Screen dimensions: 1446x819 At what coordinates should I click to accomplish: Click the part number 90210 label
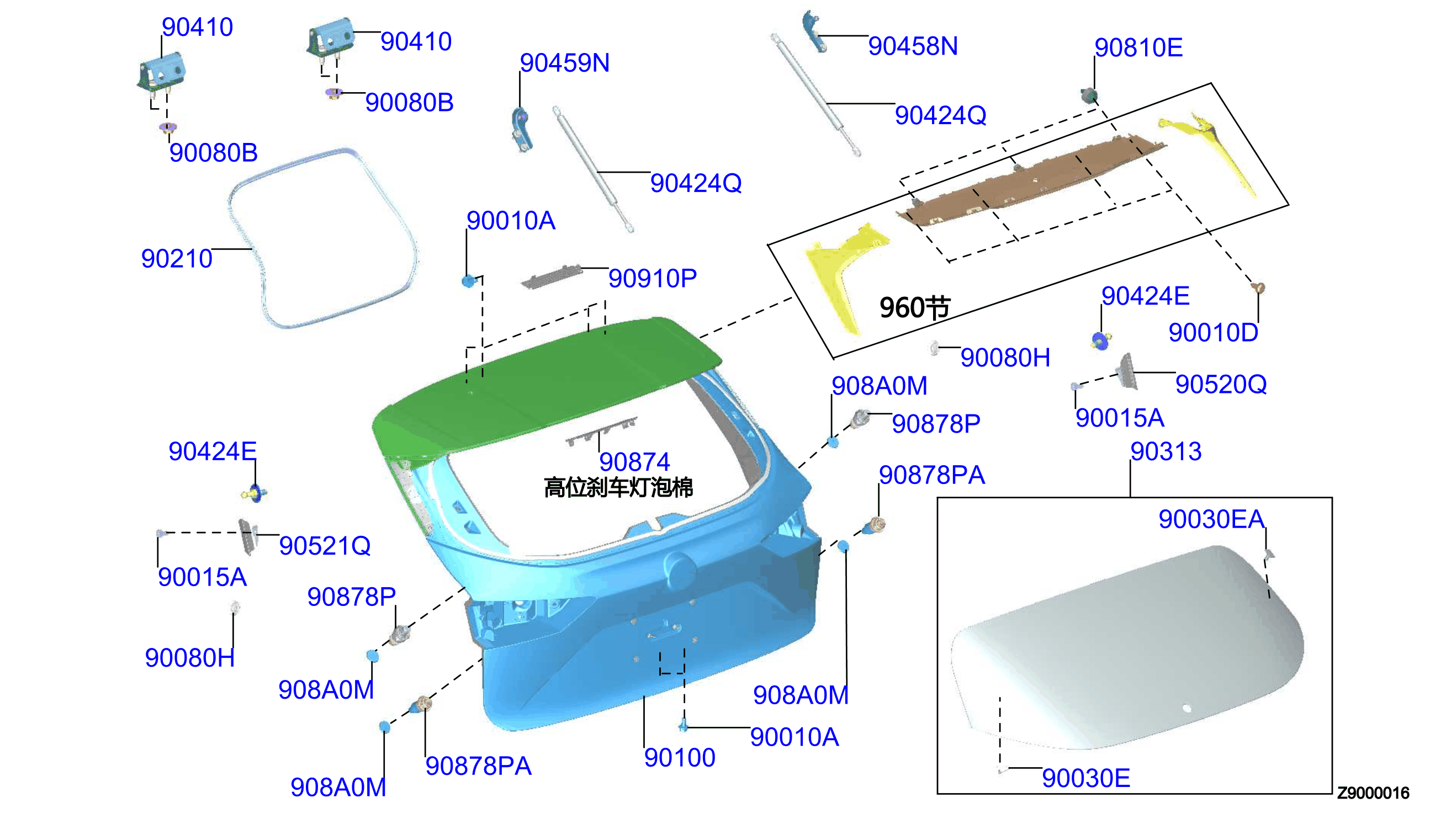pyautogui.click(x=177, y=259)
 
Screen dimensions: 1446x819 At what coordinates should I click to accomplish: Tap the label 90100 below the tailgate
pyautogui.click(x=679, y=758)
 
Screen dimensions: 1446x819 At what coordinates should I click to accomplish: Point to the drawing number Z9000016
pyautogui.click(x=1373, y=793)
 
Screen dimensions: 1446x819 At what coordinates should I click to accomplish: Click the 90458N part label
pyautogui.click(x=913, y=46)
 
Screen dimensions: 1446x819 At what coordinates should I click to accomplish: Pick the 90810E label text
pyautogui.click(x=1138, y=48)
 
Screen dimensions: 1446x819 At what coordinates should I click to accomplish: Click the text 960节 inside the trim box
pyautogui.click(x=915, y=308)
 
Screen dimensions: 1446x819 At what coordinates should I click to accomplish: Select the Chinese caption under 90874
pyautogui.click(x=618, y=487)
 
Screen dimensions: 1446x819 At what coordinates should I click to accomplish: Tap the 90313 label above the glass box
pyautogui.click(x=1166, y=451)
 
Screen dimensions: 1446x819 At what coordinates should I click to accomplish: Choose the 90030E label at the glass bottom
pyautogui.click(x=1086, y=778)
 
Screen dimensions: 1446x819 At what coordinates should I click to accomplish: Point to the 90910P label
pyautogui.click(x=653, y=279)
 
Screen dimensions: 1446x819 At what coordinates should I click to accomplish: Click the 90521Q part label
pyautogui.click(x=325, y=546)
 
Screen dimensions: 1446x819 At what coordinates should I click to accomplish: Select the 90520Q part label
pyautogui.click(x=1221, y=384)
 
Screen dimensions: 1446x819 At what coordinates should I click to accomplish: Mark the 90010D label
pyautogui.click(x=1213, y=332)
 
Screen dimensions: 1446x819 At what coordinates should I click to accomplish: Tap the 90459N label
pyautogui.click(x=564, y=62)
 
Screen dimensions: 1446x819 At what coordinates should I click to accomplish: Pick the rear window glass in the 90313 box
pyautogui.click(x=1125, y=647)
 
